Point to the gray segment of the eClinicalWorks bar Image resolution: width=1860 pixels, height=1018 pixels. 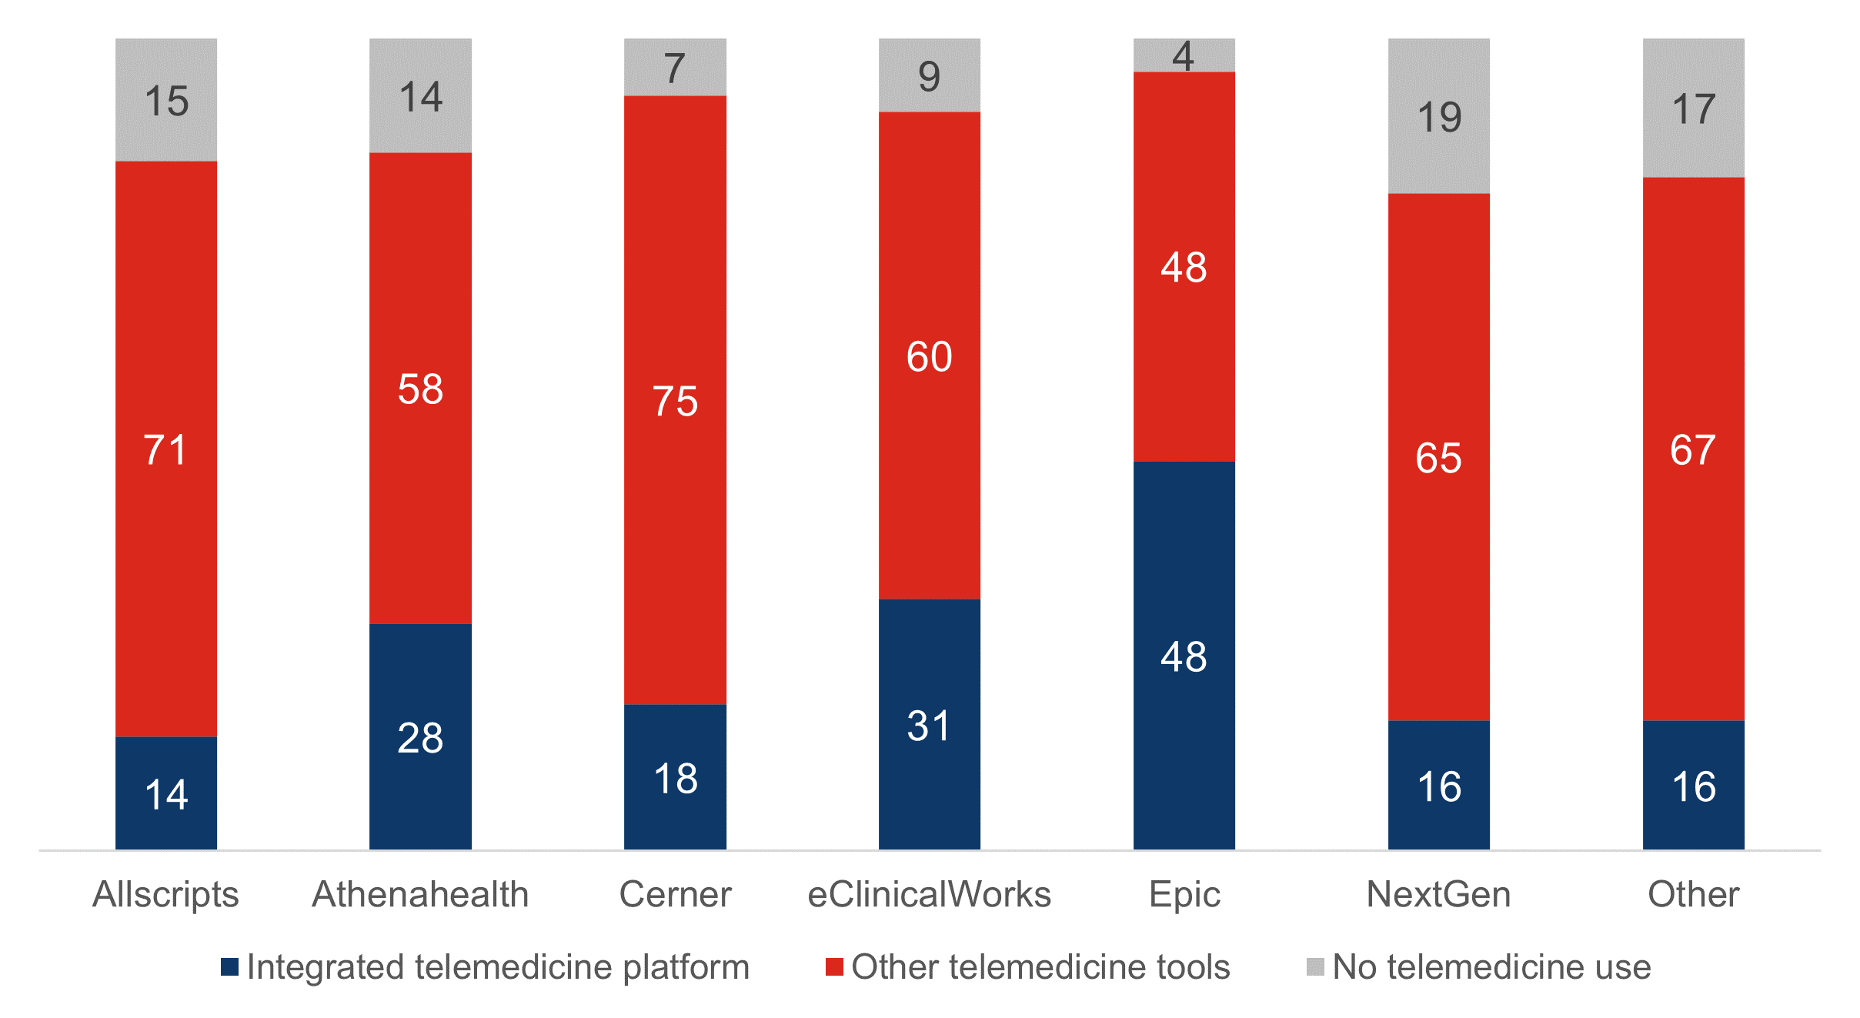[929, 75]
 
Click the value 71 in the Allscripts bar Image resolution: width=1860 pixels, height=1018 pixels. [165, 450]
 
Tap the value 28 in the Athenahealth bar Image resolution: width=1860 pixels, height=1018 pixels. [420, 738]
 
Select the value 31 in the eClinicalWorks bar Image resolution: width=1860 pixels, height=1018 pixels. [929, 726]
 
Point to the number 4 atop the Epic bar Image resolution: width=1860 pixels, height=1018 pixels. [1184, 56]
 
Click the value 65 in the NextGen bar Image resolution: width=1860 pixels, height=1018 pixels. [1438, 458]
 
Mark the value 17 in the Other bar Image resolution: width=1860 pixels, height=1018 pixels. [1693, 109]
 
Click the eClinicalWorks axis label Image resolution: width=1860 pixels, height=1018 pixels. [929, 894]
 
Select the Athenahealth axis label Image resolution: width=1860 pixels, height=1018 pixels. [420, 894]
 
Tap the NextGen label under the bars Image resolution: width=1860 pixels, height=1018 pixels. [1438, 894]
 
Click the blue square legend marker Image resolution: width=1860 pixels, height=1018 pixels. [229, 966]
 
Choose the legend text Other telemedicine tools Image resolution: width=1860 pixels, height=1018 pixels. [1040, 966]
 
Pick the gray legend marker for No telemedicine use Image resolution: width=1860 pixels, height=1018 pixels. [1315, 966]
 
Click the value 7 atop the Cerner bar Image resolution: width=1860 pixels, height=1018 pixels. [675, 68]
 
